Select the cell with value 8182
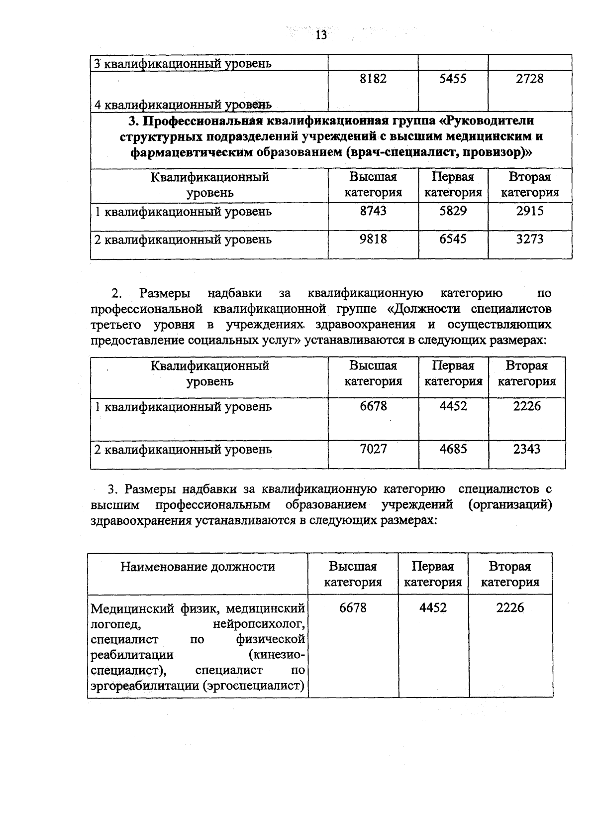pyautogui.click(x=373, y=79)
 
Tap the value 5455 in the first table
pyautogui.click(x=453, y=79)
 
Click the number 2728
pyautogui.click(x=530, y=79)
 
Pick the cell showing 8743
pyautogui.click(x=373, y=211)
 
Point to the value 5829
pyautogui.click(x=453, y=211)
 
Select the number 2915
pyautogui.click(x=530, y=211)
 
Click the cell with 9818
pyautogui.click(x=373, y=239)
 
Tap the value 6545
pyautogui.click(x=453, y=239)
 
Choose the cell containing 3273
pyautogui.click(x=530, y=239)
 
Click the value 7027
pyautogui.click(x=373, y=449)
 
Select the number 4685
pyautogui.click(x=453, y=449)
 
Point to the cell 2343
pyautogui.click(x=527, y=449)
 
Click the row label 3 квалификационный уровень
pyautogui.click(x=183, y=64)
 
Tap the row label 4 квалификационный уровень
pyautogui.click(x=183, y=105)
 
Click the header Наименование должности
pyautogui.click(x=198, y=567)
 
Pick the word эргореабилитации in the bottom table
pyautogui.click(x=145, y=686)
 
